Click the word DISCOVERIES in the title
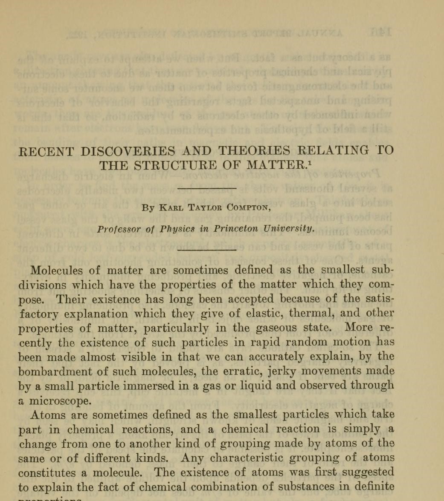point(128,151)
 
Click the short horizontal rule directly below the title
point(207,188)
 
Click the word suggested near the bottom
point(369,473)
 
